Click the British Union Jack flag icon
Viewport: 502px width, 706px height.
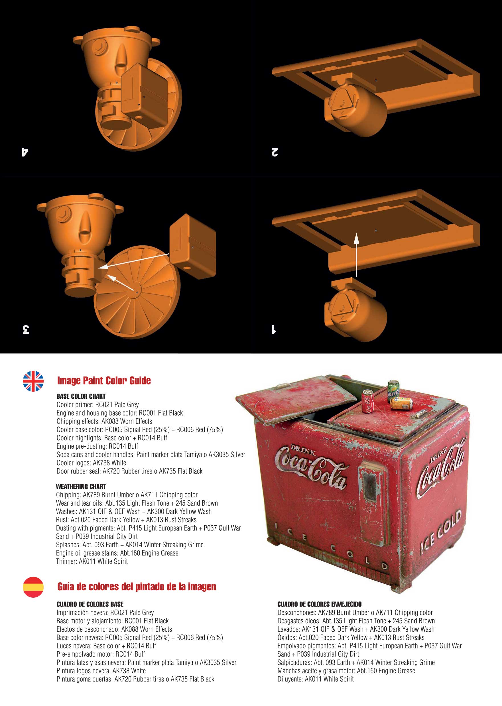coord(33,381)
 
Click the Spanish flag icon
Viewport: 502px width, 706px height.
coord(33,587)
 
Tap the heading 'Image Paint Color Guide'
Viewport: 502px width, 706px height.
coord(104,380)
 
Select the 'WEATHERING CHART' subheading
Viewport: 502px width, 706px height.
coord(81,486)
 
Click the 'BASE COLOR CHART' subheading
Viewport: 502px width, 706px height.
coord(81,396)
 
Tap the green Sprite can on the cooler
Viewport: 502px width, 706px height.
coord(393,391)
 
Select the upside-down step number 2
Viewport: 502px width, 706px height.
coord(275,152)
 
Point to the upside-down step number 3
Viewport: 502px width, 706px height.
coord(26,329)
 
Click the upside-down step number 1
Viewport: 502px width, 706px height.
coord(274,329)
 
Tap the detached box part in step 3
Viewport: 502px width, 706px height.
coord(193,246)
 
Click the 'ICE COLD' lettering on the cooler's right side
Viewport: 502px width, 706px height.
coord(441,530)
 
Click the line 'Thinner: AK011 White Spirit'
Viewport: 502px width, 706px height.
coord(92,561)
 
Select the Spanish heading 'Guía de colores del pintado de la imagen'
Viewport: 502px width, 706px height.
coord(137,586)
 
